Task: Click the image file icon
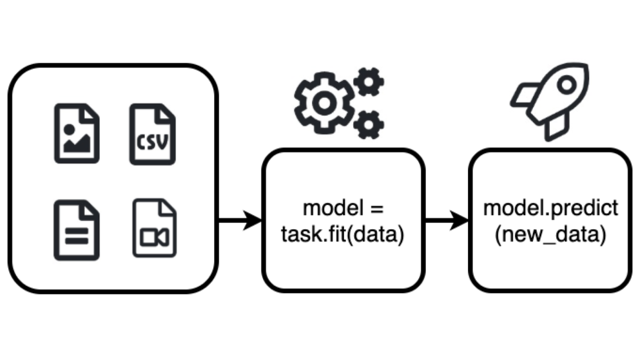click(x=77, y=133)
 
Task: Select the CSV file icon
click(x=152, y=133)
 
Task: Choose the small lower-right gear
click(x=370, y=123)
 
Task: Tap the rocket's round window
click(x=566, y=85)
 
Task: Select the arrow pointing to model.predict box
click(x=447, y=222)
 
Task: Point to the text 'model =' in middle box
click(x=343, y=209)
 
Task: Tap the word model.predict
click(x=551, y=209)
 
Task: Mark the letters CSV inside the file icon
click(x=152, y=142)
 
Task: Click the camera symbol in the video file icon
click(x=154, y=237)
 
